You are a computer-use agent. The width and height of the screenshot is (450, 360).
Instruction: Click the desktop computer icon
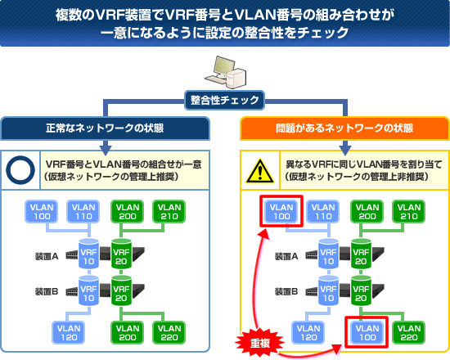click(x=225, y=72)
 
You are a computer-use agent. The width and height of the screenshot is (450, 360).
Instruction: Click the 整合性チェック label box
click(x=224, y=100)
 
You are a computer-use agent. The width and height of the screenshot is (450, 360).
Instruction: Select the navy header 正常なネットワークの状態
click(x=105, y=128)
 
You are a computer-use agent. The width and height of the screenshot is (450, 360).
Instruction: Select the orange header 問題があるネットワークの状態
click(x=344, y=128)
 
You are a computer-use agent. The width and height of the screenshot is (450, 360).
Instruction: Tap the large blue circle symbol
click(x=20, y=170)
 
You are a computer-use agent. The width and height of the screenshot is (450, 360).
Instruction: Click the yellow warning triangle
click(x=260, y=171)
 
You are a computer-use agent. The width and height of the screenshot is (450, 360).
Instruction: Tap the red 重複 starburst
click(x=260, y=342)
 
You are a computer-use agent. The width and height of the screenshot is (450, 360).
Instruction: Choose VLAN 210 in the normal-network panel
click(x=169, y=212)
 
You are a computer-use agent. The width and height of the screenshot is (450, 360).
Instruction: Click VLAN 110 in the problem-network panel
click(x=323, y=212)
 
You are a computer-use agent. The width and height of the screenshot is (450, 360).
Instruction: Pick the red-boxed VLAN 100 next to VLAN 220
click(x=367, y=332)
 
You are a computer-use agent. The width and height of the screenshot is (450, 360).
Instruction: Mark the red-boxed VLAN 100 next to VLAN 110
click(x=281, y=212)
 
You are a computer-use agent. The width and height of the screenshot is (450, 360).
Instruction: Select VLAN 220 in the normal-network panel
click(x=169, y=332)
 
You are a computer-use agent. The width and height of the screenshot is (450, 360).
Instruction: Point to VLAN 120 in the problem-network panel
click(x=308, y=332)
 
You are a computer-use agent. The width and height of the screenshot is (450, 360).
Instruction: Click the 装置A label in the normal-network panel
click(x=47, y=256)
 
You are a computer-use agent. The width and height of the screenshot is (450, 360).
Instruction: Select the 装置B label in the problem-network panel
click(x=286, y=291)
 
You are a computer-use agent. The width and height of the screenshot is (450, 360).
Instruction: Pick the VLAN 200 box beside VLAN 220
click(x=127, y=332)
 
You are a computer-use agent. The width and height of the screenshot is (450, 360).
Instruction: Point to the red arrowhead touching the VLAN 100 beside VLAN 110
click(x=264, y=234)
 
